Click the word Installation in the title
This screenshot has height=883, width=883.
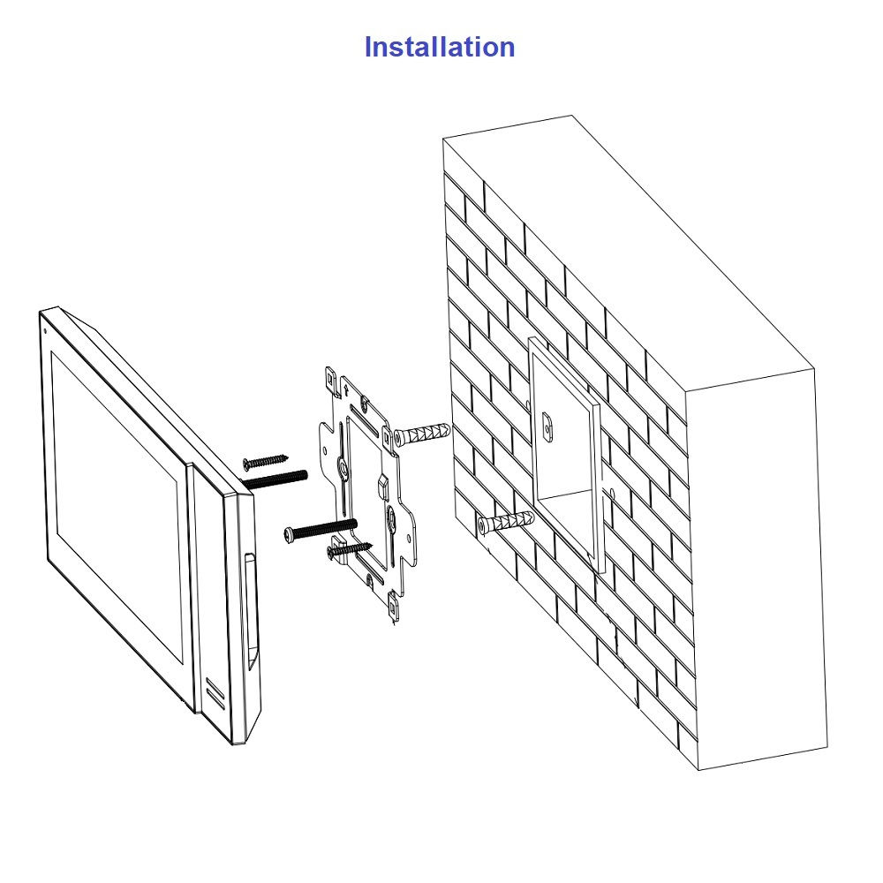click(439, 47)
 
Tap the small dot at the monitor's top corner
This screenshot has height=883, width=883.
click(44, 330)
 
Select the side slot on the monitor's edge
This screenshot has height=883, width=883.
click(250, 612)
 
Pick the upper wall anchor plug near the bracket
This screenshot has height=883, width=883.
click(422, 435)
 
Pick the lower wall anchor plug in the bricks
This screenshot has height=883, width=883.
click(505, 523)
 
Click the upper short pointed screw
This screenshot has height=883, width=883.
click(265, 461)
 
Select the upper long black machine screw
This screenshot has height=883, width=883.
click(275, 479)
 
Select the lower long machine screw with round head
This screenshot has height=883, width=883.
click(321, 530)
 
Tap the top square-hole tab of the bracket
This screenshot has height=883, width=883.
click(330, 380)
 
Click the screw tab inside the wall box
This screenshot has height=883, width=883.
click(547, 426)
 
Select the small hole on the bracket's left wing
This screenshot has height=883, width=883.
click(326, 449)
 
